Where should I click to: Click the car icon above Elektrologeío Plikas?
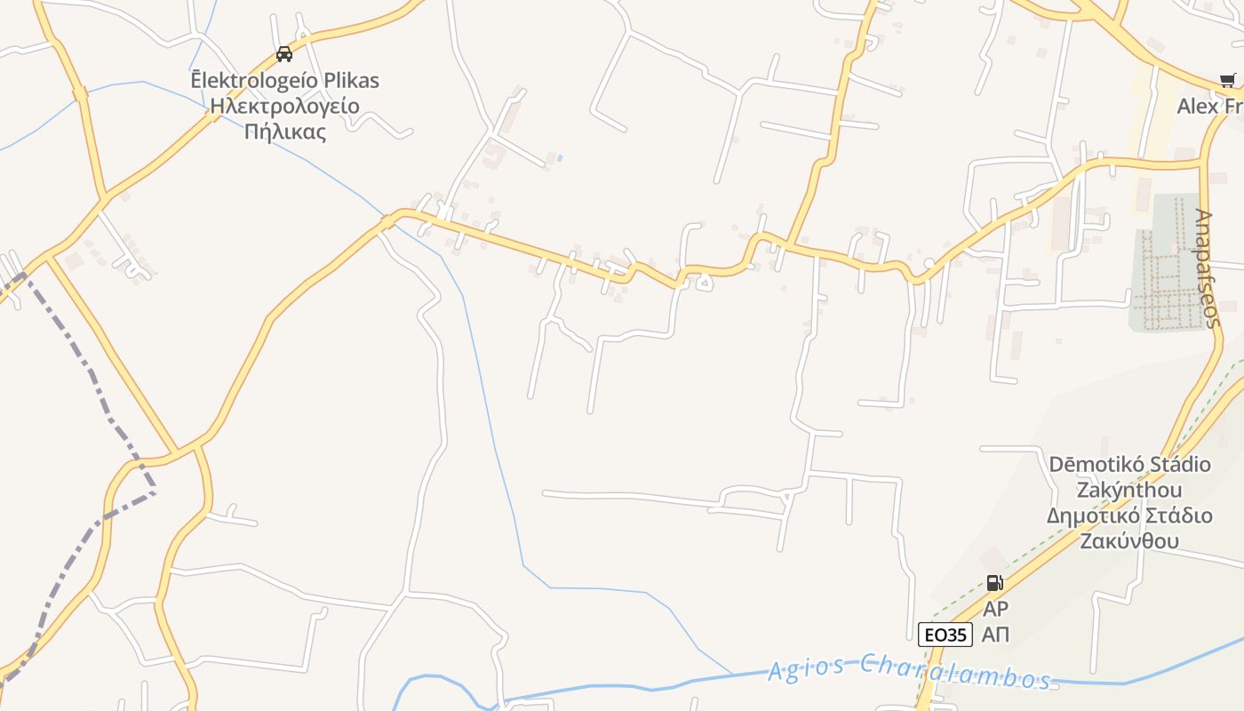point(284,54)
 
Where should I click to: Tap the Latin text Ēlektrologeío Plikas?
point(284,81)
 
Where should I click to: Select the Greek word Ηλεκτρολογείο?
point(284,107)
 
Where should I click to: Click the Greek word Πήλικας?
point(284,132)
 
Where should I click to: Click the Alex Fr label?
point(1208,107)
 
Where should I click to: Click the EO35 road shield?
point(945,635)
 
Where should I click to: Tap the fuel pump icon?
point(995,583)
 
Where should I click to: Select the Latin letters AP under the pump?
point(995,610)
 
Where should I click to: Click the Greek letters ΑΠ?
point(995,635)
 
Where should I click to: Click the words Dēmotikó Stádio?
point(1129,465)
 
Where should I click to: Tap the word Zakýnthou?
point(1129,491)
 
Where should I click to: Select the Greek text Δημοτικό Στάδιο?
point(1129,516)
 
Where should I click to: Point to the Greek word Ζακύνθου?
point(1129,541)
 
